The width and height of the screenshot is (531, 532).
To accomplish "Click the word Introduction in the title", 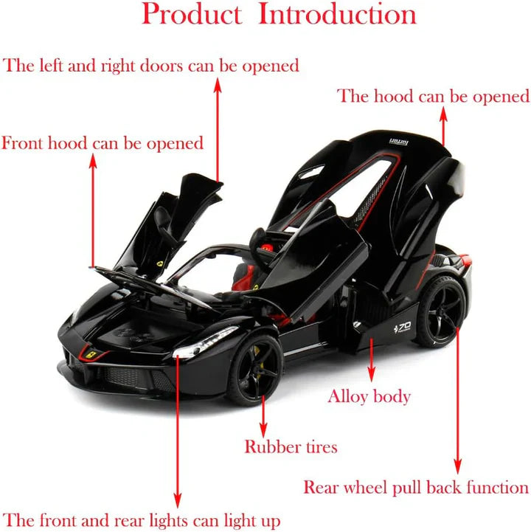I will pyautogui.click(x=337, y=14).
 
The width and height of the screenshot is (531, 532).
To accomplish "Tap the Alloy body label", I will pyautogui.click(x=369, y=396).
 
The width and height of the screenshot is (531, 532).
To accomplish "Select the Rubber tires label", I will pyautogui.click(x=291, y=446).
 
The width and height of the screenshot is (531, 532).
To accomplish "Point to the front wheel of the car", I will pyautogui.click(x=254, y=370).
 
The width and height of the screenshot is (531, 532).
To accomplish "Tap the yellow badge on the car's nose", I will pyautogui.click(x=90, y=355).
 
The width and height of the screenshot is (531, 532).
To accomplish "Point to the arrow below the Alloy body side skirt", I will pyautogui.click(x=371, y=362).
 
